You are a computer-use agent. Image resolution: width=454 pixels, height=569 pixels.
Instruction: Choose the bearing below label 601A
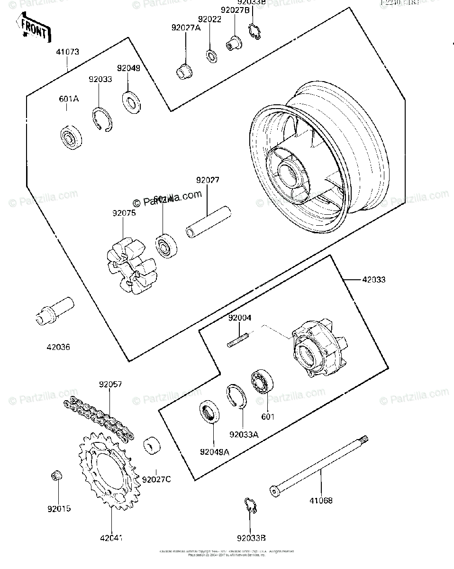tap(72, 138)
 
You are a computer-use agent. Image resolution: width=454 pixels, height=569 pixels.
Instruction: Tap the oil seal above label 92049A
tap(209, 412)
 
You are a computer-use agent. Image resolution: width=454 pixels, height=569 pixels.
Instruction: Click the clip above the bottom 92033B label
tap(250, 505)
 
